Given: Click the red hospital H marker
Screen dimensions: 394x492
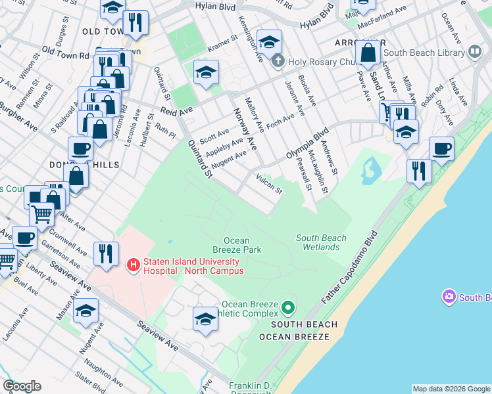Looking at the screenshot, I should (132, 265).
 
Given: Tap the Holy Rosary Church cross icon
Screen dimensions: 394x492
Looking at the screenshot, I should (278, 62).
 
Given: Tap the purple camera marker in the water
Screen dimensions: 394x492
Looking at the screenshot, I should (450, 297).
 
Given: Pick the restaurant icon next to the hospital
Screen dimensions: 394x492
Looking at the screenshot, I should (105, 253).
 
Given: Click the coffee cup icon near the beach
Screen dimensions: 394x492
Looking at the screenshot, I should (441, 148).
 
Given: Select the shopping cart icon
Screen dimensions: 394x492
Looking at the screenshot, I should (42, 213).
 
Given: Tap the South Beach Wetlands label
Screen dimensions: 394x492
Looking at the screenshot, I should (322, 242).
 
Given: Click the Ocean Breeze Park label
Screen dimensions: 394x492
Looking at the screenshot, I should (237, 245).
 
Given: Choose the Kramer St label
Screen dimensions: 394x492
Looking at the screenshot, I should (222, 42).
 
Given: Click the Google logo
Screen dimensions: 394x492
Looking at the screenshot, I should (22, 386).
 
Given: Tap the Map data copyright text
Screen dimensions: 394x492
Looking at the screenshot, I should (451, 389).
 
